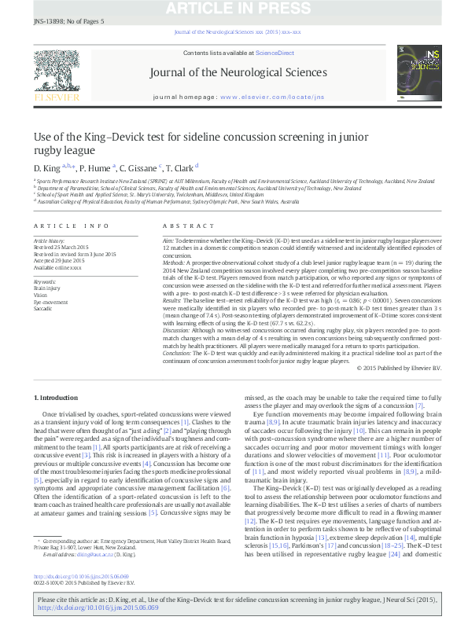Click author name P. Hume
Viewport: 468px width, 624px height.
(95, 168)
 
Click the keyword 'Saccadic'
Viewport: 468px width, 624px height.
(44, 309)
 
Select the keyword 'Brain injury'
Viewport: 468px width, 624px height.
(47, 288)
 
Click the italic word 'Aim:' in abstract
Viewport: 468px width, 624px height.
(168, 237)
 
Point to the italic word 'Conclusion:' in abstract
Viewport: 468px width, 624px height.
(178, 354)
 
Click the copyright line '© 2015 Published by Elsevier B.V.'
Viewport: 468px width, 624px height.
(399, 368)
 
